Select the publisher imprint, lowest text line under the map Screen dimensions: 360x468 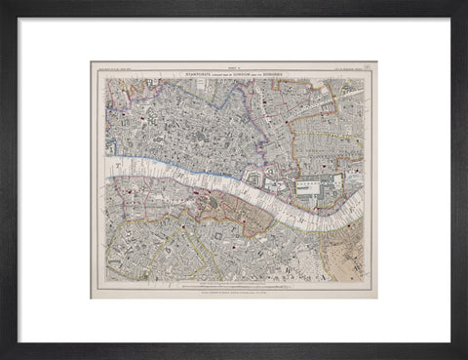[234, 291]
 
